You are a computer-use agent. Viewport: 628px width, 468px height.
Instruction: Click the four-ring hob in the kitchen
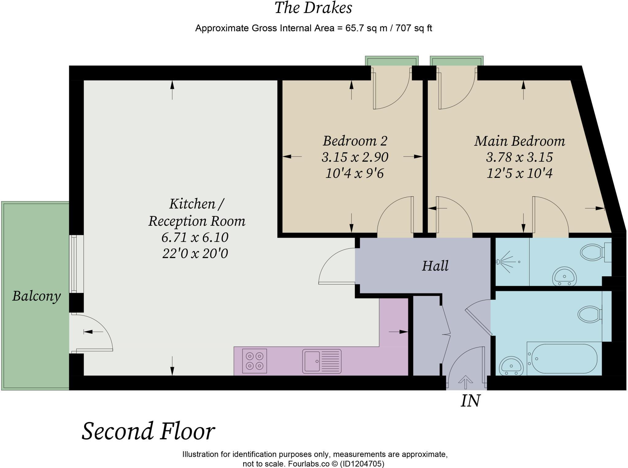255,361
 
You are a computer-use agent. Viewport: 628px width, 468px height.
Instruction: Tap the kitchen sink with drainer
322,361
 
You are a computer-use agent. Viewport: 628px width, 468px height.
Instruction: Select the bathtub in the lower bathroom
564,359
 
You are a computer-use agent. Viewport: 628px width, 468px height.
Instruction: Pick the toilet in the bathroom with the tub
590,314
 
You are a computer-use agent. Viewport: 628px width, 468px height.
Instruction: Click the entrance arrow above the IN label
465,382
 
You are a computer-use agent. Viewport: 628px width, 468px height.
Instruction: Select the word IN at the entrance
470,401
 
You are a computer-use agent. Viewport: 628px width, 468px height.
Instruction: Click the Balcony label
36,296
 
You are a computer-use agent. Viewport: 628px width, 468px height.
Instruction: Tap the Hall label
435,266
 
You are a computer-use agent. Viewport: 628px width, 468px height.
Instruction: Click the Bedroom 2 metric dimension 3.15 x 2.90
355,157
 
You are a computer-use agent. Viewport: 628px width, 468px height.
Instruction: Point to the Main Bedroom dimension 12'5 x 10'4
519,174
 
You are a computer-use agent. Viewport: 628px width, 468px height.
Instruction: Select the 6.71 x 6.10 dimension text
195,237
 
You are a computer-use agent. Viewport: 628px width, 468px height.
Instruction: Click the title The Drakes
313,8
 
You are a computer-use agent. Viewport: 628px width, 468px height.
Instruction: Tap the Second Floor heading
148,431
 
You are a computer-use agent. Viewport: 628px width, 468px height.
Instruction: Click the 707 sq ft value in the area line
414,28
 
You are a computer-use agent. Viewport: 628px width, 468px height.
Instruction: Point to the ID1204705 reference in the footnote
362,464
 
